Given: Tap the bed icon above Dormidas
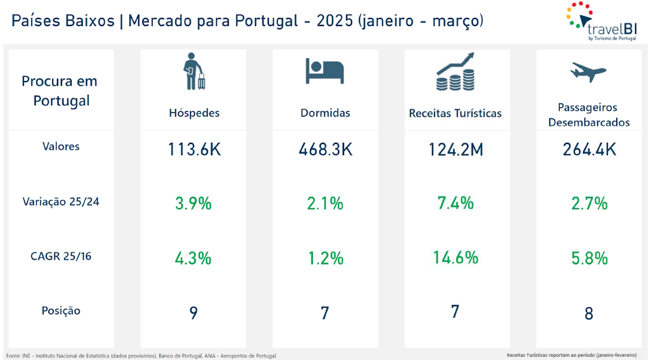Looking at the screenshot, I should (x=325, y=71).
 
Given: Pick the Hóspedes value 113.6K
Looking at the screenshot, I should (x=193, y=149).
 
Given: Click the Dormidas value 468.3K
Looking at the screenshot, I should (x=325, y=149).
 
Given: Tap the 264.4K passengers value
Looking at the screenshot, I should (x=589, y=149).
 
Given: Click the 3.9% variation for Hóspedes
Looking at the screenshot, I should (x=193, y=204).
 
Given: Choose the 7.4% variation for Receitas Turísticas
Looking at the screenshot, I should (x=456, y=203).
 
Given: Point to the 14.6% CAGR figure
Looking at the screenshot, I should (x=456, y=257).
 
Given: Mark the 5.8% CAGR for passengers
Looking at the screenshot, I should (x=589, y=258).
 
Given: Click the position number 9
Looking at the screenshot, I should (x=193, y=313).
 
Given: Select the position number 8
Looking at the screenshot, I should (x=589, y=314).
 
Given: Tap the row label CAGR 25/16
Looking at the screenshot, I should (x=61, y=256).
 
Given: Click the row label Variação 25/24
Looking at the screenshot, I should (x=61, y=201).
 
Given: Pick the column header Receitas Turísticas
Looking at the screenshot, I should (x=455, y=113).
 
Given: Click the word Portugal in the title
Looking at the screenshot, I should (x=266, y=21).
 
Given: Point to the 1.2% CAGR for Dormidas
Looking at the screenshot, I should (x=325, y=258).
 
